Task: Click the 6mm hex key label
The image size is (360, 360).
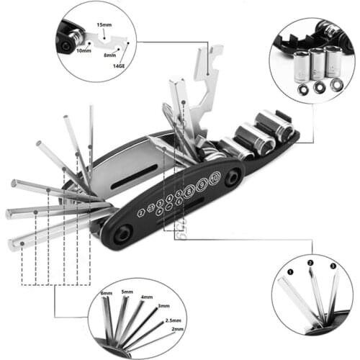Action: coord(107,294)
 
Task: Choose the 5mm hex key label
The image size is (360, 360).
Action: coord(127,292)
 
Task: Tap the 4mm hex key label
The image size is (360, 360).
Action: coord(145,297)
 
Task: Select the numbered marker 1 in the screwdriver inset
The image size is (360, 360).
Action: coord(291,273)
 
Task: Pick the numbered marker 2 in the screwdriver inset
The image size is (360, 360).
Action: coord(311,264)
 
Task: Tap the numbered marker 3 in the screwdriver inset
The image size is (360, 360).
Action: coord(333,266)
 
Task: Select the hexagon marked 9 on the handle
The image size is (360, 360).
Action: coord(201,184)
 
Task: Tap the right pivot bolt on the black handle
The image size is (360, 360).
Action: coord(234,178)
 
